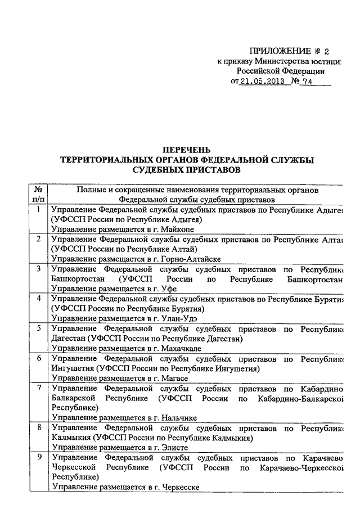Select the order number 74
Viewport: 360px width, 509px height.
[x=307, y=82]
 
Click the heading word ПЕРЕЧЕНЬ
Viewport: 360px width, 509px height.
[x=186, y=150]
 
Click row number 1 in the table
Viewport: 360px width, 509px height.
[x=38, y=210]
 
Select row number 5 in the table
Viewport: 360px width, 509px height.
[x=38, y=328]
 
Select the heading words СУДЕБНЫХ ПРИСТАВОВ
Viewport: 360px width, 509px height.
[x=186, y=169]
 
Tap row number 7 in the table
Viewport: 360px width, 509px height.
[x=38, y=388]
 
